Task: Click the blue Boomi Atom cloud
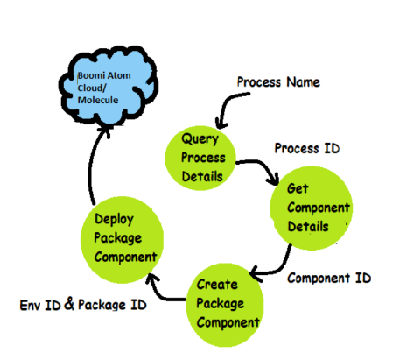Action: [109, 87]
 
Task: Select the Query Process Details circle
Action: [200, 158]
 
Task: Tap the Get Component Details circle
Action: [312, 208]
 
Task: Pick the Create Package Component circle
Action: [225, 305]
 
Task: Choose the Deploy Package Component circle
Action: [122, 240]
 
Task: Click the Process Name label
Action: [278, 82]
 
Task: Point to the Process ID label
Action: [307, 148]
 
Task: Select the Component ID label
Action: [329, 278]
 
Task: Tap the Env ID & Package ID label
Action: [83, 304]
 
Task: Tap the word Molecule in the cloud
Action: [98, 100]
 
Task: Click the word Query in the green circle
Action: [200, 138]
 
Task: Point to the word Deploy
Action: [114, 219]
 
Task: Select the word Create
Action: [217, 285]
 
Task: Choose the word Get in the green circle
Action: [298, 188]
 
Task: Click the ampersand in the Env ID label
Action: [69, 303]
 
